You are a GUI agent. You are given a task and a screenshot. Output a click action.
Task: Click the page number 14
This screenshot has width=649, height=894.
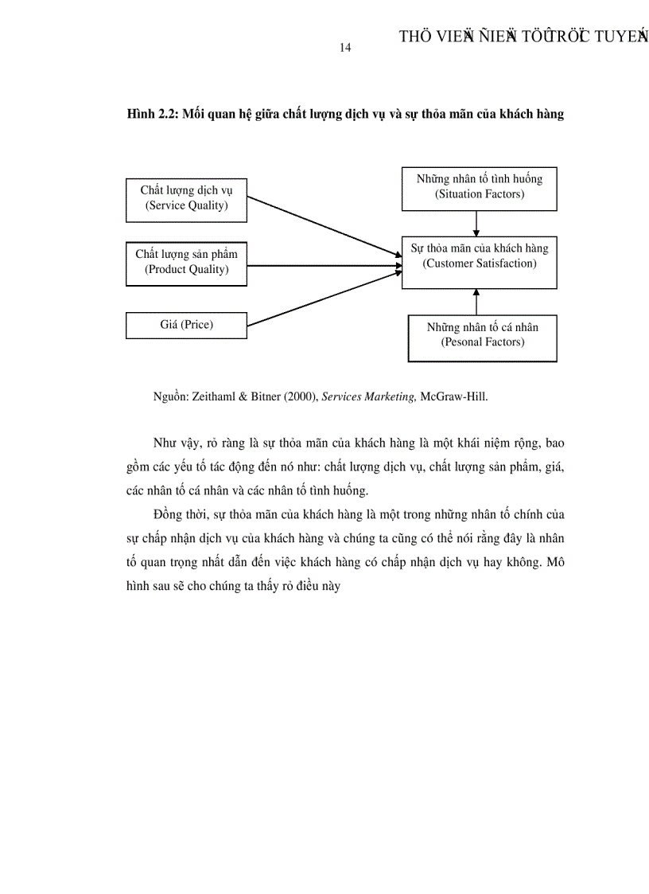click(x=345, y=48)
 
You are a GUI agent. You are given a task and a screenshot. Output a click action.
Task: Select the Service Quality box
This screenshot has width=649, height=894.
click(x=186, y=198)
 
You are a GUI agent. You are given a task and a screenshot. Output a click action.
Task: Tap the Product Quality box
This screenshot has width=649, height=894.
click(x=186, y=262)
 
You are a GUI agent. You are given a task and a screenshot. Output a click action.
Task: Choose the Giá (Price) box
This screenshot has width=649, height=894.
click(x=186, y=325)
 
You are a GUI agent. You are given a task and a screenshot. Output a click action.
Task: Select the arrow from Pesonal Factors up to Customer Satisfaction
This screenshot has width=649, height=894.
click(x=476, y=302)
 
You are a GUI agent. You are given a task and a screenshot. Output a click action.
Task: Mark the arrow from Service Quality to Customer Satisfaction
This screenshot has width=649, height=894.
click(x=322, y=227)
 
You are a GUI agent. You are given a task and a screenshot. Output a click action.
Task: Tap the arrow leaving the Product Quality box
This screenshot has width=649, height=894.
click(x=322, y=266)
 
